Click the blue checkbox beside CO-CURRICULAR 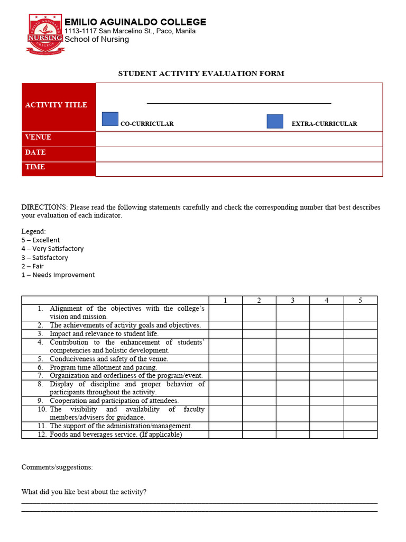pyautogui.click(x=110, y=120)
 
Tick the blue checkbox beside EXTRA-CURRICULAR pyautogui.click(x=275, y=121)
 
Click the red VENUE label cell pyautogui.click(x=58, y=138)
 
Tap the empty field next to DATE pyautogui.click(x=239, y=154)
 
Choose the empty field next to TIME pyautogui.click(x=239, y=169)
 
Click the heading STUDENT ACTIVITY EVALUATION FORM pyautogui.click(x=201, y=74)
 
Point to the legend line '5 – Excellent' pyautogui.click(x=41, y=240)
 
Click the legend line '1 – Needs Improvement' pyautogui.click(x=58, y=275)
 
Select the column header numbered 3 pyautogui.click(x=292, y=300)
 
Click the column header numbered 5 pyautogui.click(x=360, y=300)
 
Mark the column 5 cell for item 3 pyautogui.click(x=360, y=334)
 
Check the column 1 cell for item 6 pyautogui.click(x=225, y=367)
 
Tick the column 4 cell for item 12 pyautogui.click(x=326, y=435)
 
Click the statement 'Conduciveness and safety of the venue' pyautogui.click(x=109, y=359)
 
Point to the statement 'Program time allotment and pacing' pyautogui.click(x=103, y=367)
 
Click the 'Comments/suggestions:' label pyautogui.click(x=57, y=467)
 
